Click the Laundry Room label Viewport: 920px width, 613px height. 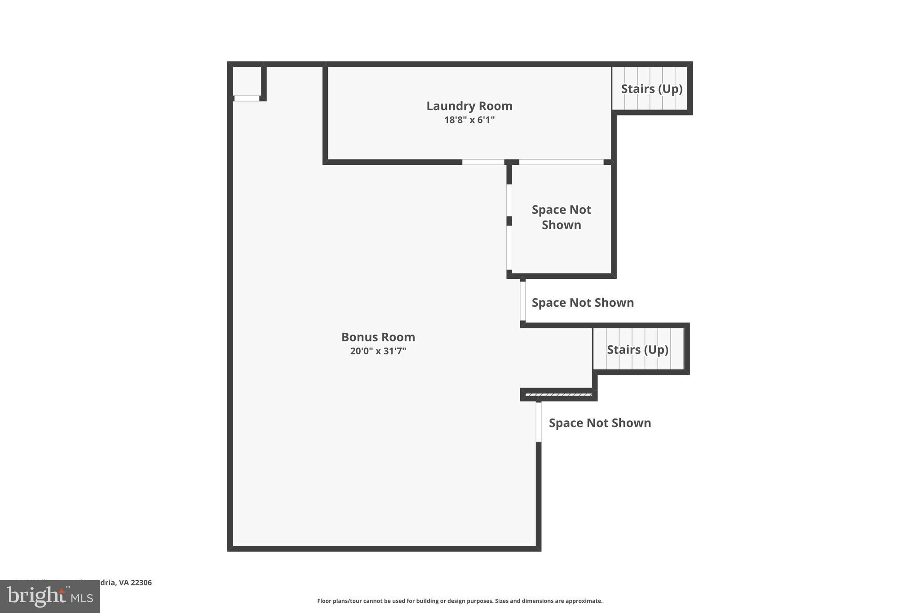tap(469, 106)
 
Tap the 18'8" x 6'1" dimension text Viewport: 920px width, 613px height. tap(469, 120)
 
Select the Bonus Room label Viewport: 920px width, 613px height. tap(378, 337)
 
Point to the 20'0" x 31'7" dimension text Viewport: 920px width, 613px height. tap(378, 351)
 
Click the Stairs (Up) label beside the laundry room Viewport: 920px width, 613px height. tap(651, 89)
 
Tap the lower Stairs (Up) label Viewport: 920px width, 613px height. tap(637, 349)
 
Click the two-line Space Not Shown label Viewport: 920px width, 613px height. tap(561, 217)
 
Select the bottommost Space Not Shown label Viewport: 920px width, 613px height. tap(600, 423)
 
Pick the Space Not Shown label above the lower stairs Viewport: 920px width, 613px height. tap(583, 303)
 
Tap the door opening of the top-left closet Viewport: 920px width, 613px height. tap(247, 98)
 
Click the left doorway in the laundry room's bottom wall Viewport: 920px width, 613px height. tap(483, 162)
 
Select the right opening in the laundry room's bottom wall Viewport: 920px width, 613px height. tap(561, 162)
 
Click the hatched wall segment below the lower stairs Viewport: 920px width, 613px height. tap(558, 395)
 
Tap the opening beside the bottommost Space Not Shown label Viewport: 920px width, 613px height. tap(539, 422)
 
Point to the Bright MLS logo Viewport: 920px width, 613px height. tap(50, 596)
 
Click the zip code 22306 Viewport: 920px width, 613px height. tap(141, 582)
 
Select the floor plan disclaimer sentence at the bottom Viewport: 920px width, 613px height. tap(460, 601)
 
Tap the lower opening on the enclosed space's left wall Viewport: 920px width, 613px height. tap(509, 247)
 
